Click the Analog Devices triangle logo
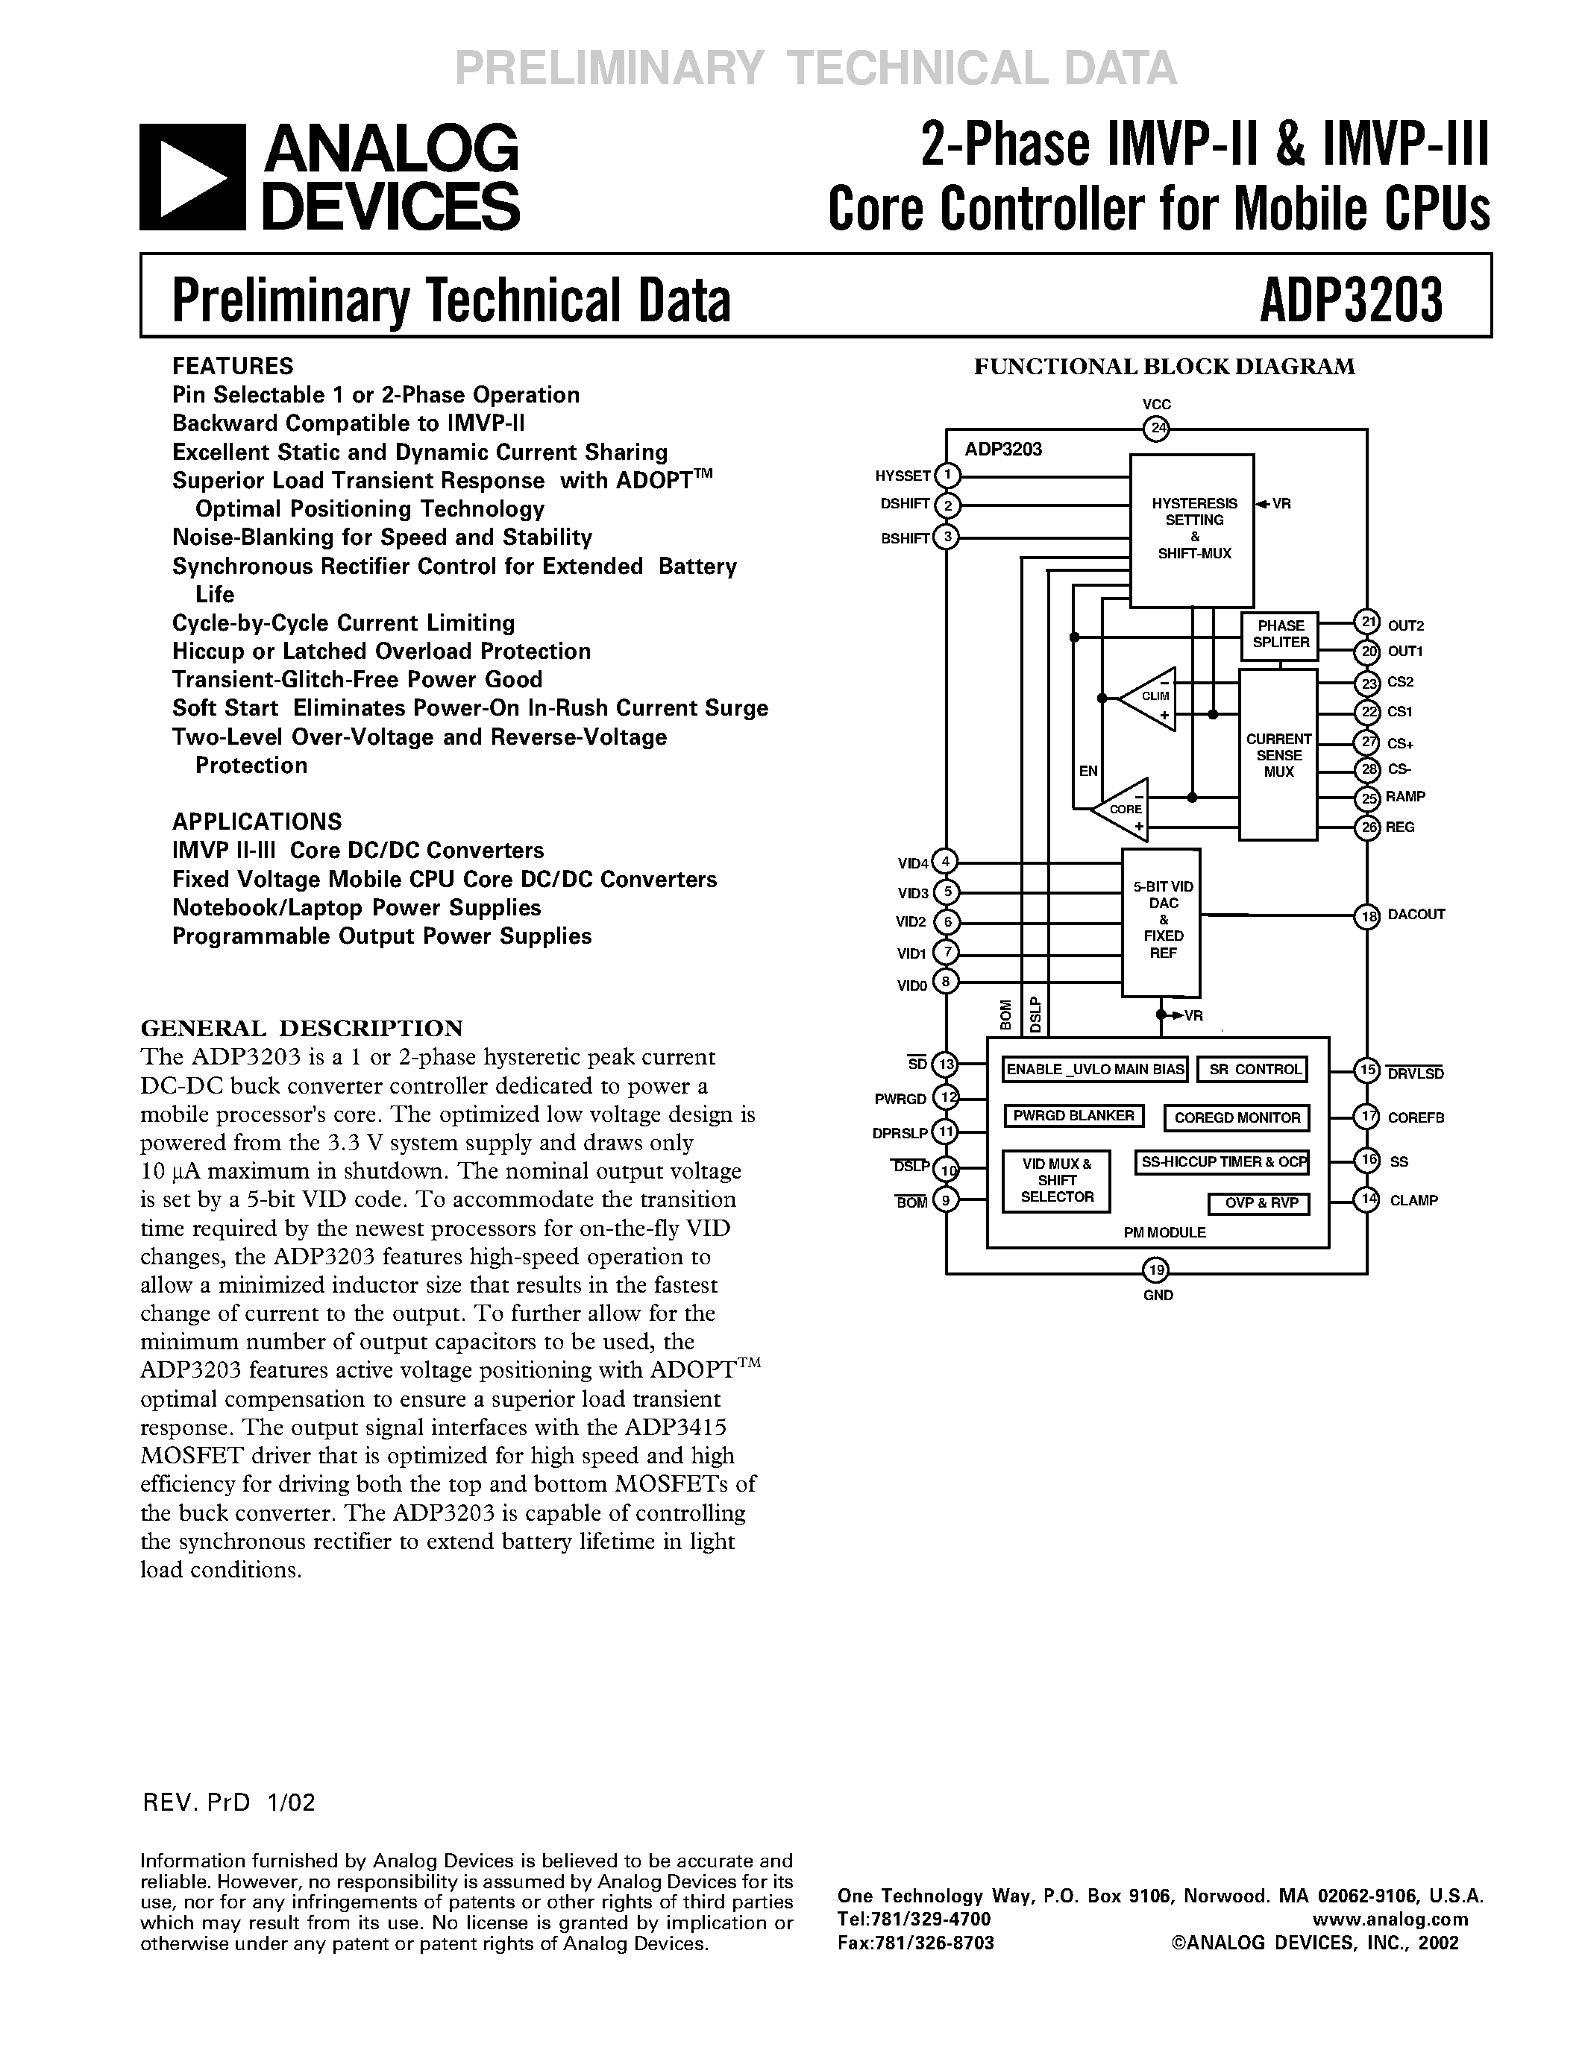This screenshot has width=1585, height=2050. coord(192,177)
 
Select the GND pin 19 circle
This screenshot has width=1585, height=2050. coord(1156,1271)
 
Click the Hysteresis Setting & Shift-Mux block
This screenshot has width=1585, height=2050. coord(1193,529)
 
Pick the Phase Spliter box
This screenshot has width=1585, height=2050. coord(1280,635)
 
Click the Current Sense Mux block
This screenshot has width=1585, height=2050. coord(1278,754)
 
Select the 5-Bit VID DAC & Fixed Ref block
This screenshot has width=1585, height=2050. coord(1161,921)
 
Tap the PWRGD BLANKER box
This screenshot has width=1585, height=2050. coord(1073,1116)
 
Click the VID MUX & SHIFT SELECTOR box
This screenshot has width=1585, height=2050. coord(1056,1181)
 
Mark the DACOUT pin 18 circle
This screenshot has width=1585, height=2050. coord(1367,916)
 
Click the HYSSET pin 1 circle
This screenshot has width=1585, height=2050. coord(948,476)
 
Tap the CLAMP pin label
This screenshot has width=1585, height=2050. coord(1413,1200)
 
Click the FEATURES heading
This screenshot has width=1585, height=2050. coord(233,366)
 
